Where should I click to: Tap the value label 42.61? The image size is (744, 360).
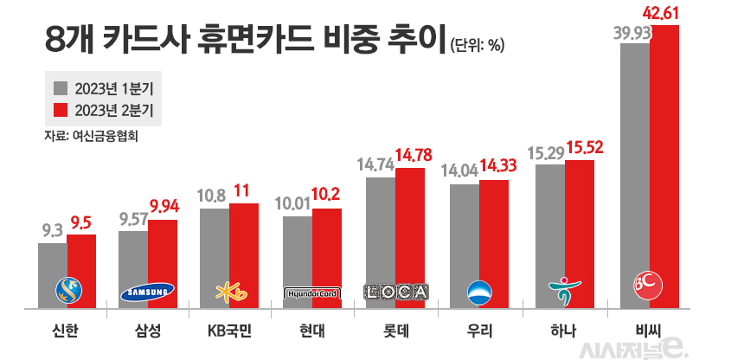coord(665,13)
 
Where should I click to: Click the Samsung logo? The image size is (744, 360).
coord(147,292)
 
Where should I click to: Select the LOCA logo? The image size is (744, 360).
coord(395,292)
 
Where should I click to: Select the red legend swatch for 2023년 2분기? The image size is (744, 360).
coord(61,111)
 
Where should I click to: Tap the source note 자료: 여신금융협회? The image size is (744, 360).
coord(91,136)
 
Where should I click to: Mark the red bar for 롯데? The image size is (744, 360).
coord(410,234)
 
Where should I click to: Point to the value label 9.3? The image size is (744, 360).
coord(53,231)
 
